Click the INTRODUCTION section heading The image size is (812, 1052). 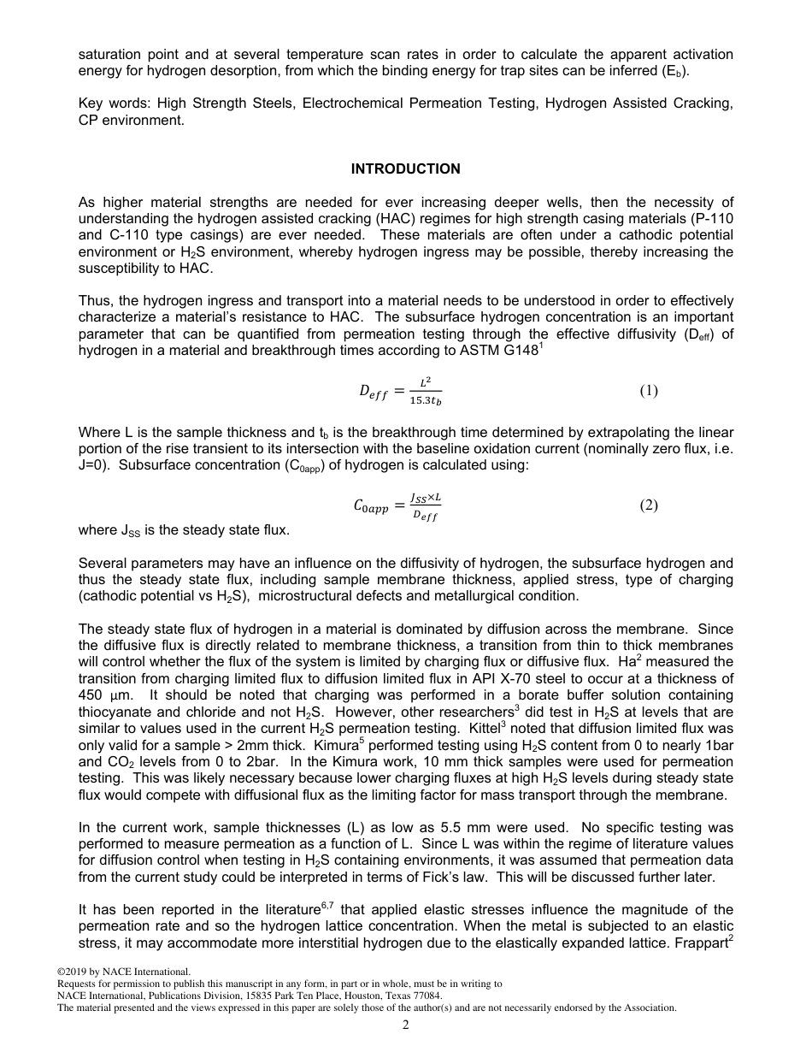[x=405, y=168]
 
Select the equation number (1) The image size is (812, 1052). [x=649, y=391]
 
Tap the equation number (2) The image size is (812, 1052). [x=649, y=505]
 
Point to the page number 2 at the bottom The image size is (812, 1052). [x=406, y=1025]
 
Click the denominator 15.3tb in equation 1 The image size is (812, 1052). [x=425, y=400]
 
